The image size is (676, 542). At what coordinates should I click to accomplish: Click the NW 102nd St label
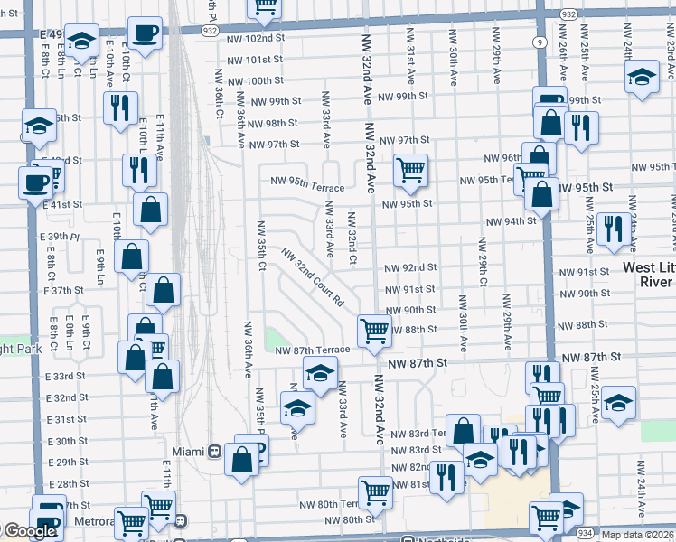(255, 39)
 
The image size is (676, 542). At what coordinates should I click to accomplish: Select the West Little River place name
(649, 275)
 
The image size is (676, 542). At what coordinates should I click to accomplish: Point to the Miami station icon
(215, 450)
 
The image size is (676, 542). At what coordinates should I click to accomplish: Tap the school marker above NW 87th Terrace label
(319, 371)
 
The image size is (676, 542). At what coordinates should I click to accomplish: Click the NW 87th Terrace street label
(312, 350)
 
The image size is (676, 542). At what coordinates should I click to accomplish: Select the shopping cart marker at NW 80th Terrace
(374, 491)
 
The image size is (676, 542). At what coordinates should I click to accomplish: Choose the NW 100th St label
(255, 80)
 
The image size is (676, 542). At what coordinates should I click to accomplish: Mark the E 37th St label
(61, 291)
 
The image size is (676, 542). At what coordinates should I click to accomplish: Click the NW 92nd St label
(410, 268)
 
